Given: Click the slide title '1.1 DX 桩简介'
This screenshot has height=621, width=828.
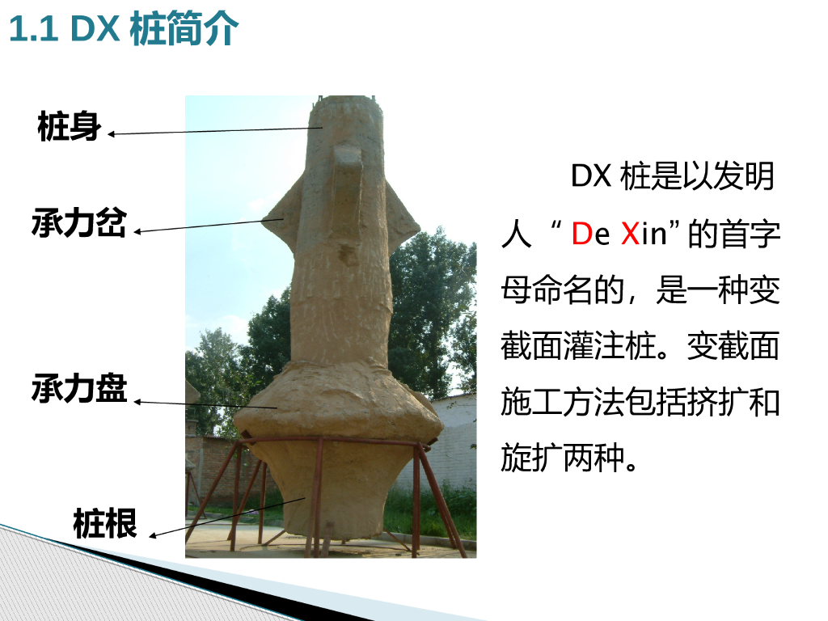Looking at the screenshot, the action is pyautogui.click(x=124, y=28).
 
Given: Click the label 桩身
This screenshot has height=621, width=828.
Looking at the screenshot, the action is pyautogui.click(x=70, y=127).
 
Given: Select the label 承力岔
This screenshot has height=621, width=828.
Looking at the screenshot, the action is pyautogui.click(x=79, y=222).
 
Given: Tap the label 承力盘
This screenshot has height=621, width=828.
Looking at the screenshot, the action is pyautogui.click(x=79, y=388).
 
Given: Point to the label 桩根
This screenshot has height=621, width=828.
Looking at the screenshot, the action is pyautogui.click(x=105, y=523).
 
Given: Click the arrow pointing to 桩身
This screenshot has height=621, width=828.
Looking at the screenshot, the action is pyautogui.click(x=215, y=131).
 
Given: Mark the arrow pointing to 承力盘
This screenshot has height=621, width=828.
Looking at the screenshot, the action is pyautogui.click(x=205, y=404).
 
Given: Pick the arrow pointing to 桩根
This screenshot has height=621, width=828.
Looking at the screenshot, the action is pyautogui.click(x=227, y=517).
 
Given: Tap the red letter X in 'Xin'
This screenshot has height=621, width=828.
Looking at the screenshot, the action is pyautogui.click(x=630, y=234).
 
